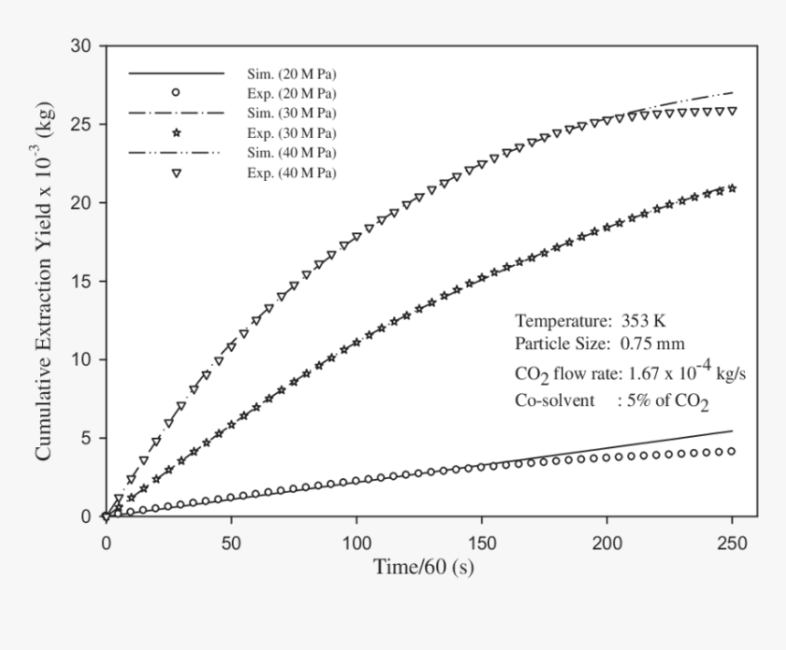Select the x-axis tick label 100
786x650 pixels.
356,543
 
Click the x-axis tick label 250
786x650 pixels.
732,543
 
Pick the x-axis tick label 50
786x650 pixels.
231,543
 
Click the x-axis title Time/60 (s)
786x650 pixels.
423,568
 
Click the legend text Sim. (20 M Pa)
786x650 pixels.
292,72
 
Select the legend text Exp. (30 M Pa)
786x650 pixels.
292,133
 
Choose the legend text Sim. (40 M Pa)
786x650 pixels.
292,153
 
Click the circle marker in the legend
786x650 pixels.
176,92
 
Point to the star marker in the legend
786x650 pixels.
176,133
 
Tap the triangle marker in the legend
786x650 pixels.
176,173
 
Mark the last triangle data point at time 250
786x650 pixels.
732,112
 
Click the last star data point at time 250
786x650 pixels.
732,188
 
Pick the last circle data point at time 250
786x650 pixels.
732,451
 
